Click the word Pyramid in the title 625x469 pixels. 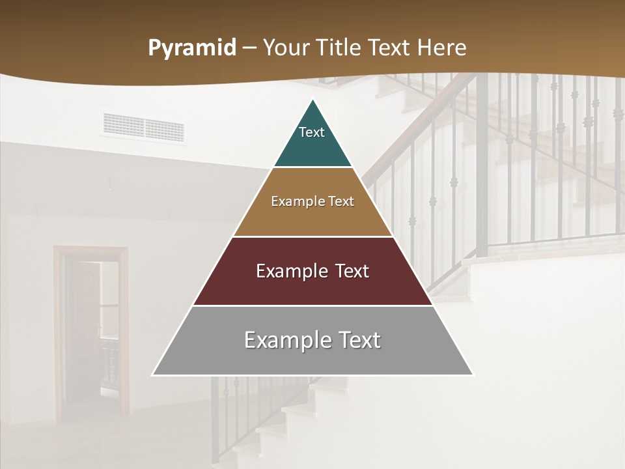coord(191,48)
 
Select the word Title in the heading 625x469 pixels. coord(338,48)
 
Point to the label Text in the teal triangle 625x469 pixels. coord(312,132)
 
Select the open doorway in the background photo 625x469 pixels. coord(91,332)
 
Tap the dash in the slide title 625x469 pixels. coord(250,48)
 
